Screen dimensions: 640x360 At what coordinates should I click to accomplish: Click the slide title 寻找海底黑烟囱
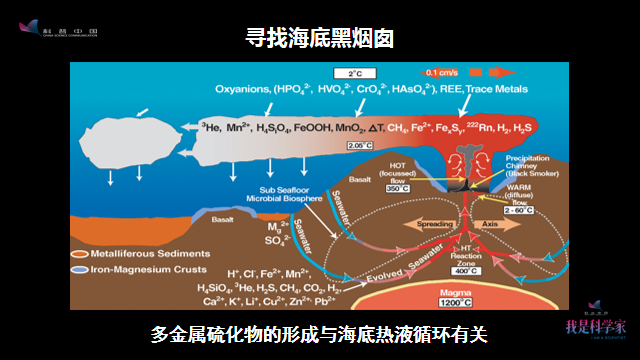click(320, 39)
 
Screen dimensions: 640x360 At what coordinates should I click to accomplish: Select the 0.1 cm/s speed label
click(443, 72)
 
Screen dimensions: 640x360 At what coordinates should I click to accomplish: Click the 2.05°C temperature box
click(359, 146)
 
